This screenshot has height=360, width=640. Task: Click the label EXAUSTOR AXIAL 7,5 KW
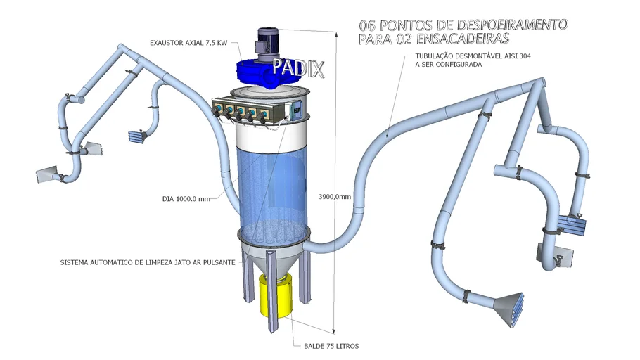click(188, 43)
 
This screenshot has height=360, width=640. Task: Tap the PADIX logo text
click(298, 67)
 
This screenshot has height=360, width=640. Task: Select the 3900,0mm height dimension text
click(335, 197)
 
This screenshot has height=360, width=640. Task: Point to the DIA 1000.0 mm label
click(186, 199)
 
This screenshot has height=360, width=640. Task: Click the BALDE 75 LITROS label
click(331, 346)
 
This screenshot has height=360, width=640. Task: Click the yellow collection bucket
click(276, 295)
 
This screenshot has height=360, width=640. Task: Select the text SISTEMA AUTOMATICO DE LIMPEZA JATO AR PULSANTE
click(148, 262)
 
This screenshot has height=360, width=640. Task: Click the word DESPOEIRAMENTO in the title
click(512, 25)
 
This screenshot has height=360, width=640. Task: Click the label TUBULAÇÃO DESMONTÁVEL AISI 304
click(473, 56)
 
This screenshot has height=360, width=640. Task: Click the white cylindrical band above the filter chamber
click(271, 136)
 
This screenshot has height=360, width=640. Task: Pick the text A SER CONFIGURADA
click(449, 65)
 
